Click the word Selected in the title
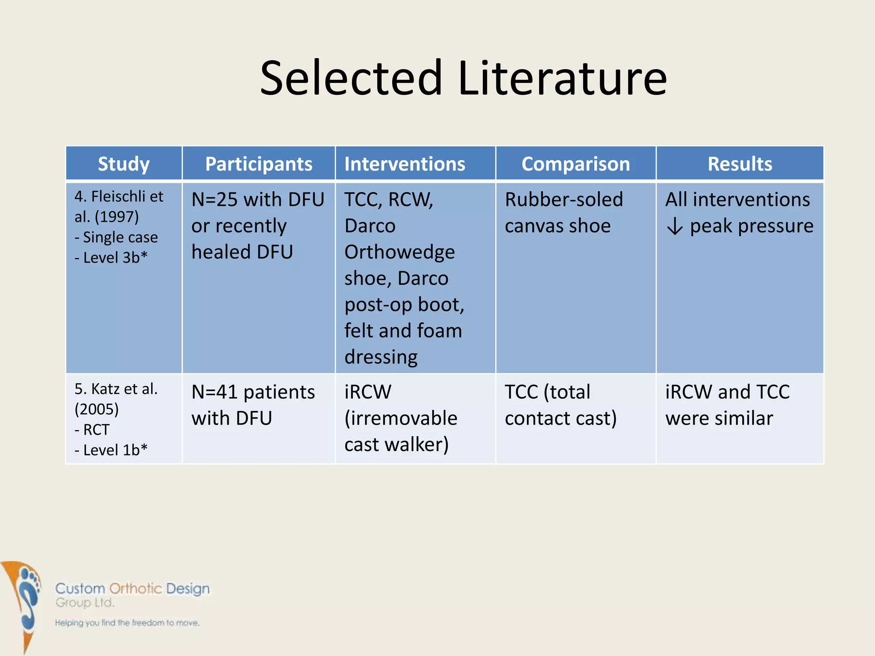(351, 78)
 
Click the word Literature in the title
(562, 78)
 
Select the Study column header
(123, 164)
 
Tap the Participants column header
(258, 164)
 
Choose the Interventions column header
(405, 164)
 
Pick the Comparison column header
(576, 164)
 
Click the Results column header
(740, 164)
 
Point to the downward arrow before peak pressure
(675, 226)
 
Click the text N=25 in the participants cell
(215, 200)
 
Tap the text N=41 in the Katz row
(215, 392)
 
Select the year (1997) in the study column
(116, 217)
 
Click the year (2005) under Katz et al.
(97, 409)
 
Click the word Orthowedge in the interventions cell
(399, 252)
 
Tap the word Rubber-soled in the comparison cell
(564, 200)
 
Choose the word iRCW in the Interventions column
(367, 392)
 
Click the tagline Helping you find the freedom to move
(127, 623)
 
